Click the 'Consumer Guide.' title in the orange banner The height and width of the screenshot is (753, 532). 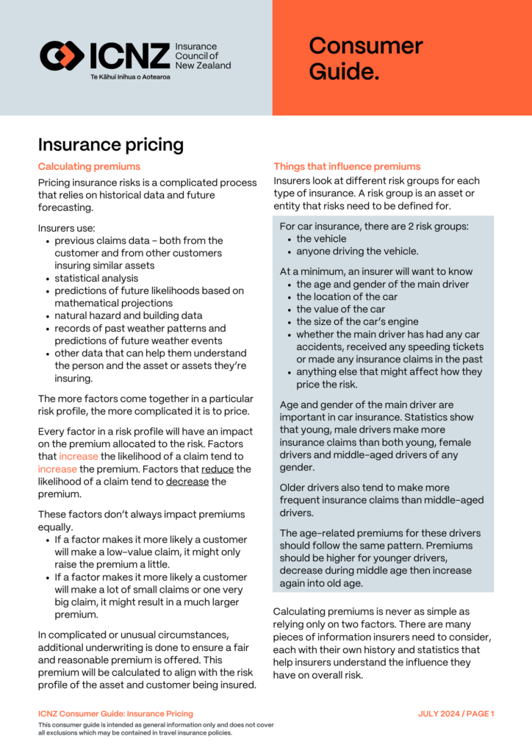[365, 58]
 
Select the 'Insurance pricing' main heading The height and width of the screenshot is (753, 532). [110, 144]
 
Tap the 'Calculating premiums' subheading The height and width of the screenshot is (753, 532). [89, 166]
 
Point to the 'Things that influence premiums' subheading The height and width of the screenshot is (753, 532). [347, 166]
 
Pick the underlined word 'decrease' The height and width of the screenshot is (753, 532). [187, 482]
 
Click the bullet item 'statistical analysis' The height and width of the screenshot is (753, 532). [96, 278]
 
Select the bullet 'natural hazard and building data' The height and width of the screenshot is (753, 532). [129, 315]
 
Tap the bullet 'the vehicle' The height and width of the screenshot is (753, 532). [321, 238]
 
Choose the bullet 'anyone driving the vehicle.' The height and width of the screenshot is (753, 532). [356, 251]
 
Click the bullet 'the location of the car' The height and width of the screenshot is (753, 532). [347, 296]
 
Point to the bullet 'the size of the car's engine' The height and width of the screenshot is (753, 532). [357, 321]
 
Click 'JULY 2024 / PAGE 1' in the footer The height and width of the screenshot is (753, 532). [456, 713]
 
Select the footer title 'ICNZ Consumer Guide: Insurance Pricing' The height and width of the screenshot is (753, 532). [115, 713]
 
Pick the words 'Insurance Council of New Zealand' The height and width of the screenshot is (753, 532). [202, 56]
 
